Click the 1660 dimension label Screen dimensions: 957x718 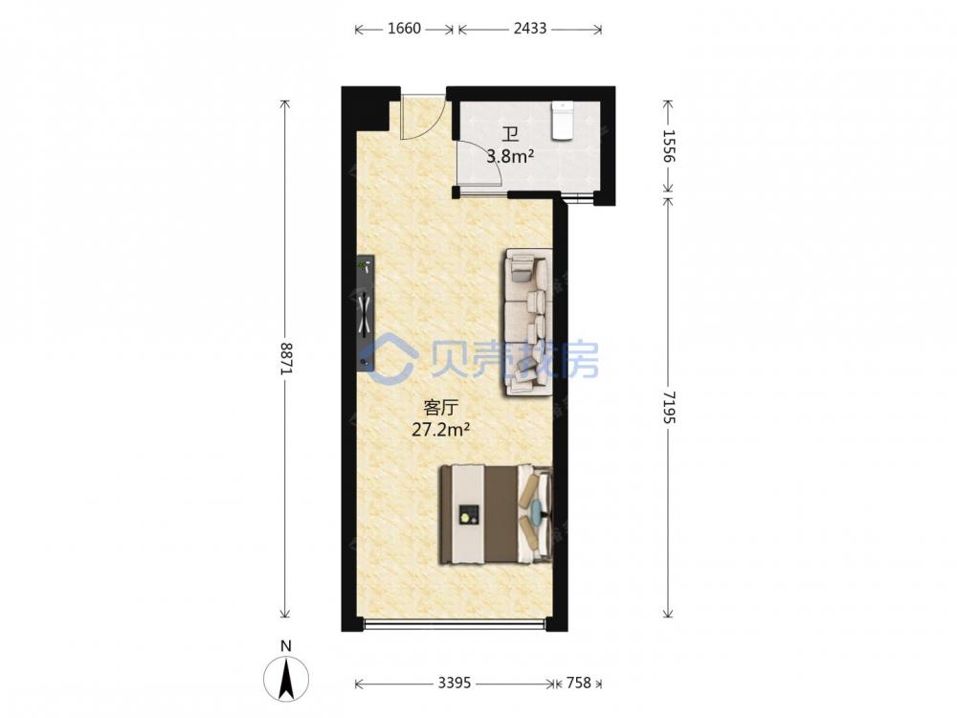click(x=404, y=29)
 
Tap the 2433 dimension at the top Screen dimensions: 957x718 click(x=530, y=29)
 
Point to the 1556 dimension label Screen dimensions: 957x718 click(x=668, y=146)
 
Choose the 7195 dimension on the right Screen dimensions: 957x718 click(x=668, y=407)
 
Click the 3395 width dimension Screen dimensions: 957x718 click(x=455, y=683)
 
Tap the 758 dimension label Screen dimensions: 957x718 click(x=579, y=683)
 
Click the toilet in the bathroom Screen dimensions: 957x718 click(x=563, y=121)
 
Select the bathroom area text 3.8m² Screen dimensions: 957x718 click(x=510, y=157)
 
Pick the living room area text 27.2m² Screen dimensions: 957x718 click(x=440, y=431)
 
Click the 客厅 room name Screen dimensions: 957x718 click(x=440, y=407)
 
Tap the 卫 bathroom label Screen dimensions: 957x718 click(x=510, y=134)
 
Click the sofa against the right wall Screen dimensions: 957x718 click(x=528, y=323)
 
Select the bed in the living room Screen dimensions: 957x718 click(x=496, y=514)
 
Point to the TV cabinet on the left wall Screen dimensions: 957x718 click(x=366, y=313)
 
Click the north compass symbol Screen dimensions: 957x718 click(x=286, y=679)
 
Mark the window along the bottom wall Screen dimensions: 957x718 click(x=455, y=623)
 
